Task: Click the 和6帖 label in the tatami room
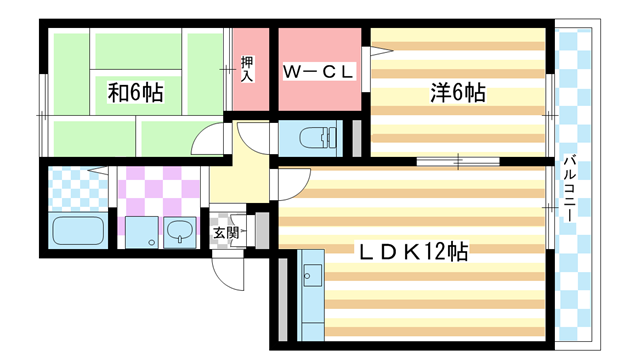coord(135,93)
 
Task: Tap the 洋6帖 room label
coord(458,93)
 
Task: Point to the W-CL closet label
coord(317,73)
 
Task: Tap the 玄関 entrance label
coord(226,234)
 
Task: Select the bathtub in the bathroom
coord(77,233)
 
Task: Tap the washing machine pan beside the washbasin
coord(140,233)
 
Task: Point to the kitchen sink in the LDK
coord(311,272)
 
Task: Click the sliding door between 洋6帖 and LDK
coord(457,160)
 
